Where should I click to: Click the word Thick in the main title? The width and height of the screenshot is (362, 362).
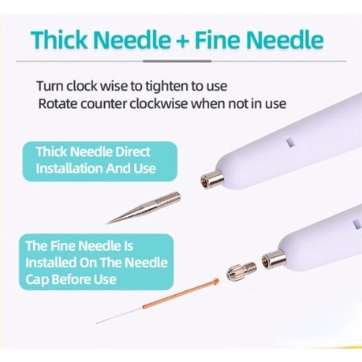(59, 39)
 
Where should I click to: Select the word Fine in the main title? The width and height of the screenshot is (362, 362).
(217, 39)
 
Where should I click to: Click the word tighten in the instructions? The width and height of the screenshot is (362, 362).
(166, 87)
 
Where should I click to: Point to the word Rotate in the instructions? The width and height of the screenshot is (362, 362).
(58, 104)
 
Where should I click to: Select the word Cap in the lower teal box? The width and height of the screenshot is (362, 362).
(37, 280)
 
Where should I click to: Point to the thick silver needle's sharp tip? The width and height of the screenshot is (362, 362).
(106, 224)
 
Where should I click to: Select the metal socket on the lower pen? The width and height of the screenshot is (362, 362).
(274, 259)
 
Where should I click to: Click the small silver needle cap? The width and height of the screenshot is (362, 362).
(241, 270)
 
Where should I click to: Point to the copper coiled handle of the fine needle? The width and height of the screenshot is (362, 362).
(179, 294)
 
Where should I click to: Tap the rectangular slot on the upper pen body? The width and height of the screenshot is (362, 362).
(289, 142)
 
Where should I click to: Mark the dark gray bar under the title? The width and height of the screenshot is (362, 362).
(177, 62)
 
